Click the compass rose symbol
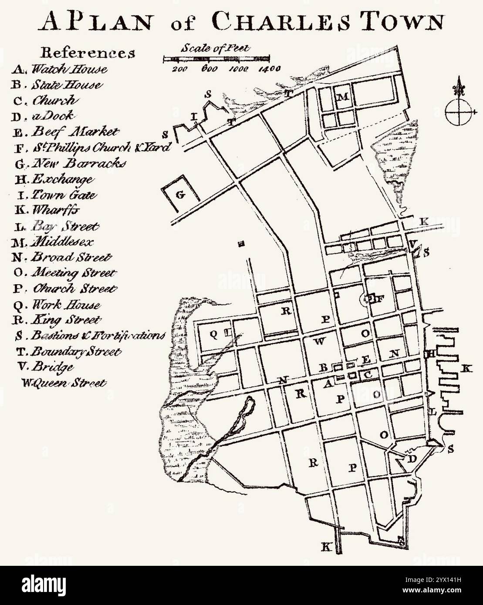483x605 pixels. click(x=458, y=109)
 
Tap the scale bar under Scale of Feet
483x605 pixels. click(x=216, y=58)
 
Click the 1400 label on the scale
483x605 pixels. click(x=267, y=68)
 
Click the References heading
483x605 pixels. click(x=88, y=52)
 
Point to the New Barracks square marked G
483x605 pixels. click(x=180, y=195)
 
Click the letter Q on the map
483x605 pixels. click(x=214, y=334)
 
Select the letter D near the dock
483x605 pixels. click(x=412, y=459)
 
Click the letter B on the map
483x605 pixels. click(x=323, y=368)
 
